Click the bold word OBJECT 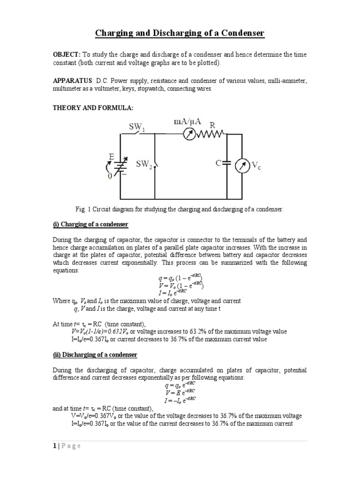click(67, 55)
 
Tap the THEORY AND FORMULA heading click(93, 108)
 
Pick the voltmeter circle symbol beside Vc click(241, 165)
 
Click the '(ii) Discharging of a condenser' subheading click(95, 355)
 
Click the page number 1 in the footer click(54, 446)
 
